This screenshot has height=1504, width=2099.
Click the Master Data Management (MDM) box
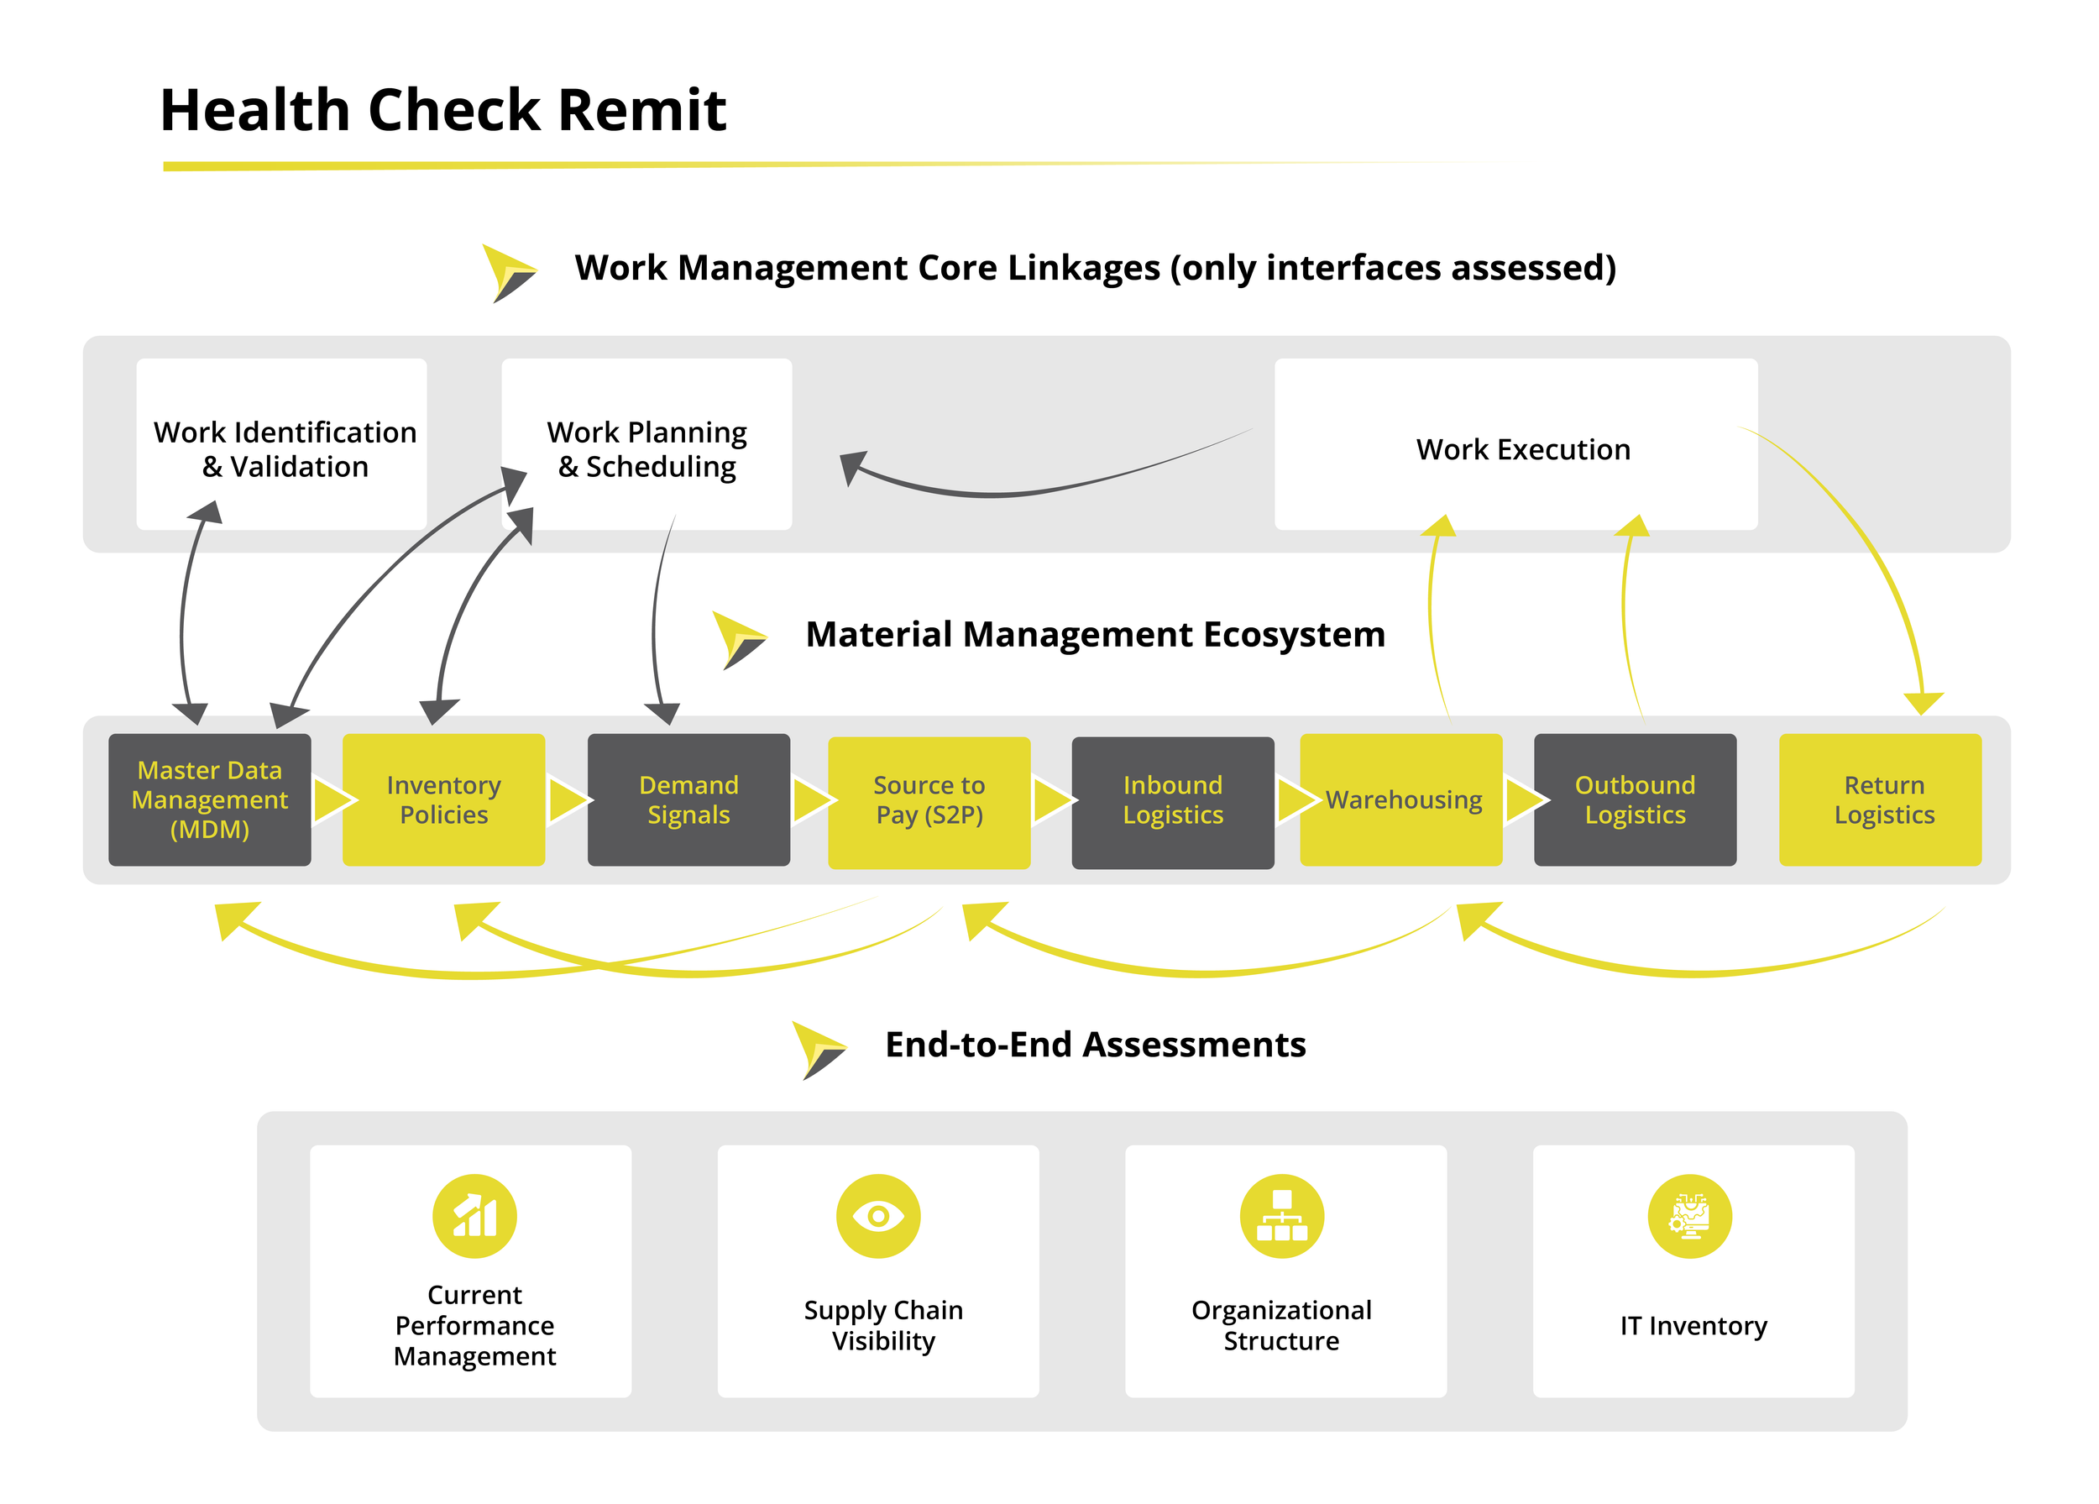tap(209, 799)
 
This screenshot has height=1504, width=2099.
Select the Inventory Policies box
tap(443, 799)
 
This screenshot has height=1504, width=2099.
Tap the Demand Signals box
tap(688, 799)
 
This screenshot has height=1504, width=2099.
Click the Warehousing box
tap(1401, 799)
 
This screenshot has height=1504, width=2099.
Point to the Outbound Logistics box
tap(1636, 799)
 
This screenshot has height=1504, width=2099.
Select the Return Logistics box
tap(1881, 799)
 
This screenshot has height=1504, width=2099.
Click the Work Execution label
tap(1523, 449)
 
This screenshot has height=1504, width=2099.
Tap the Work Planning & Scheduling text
tap(647, 450)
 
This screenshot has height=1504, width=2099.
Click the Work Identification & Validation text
tap(285, 450)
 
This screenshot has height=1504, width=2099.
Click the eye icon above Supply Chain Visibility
tap(878, 1216)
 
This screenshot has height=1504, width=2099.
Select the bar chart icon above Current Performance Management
tap(474, 1216)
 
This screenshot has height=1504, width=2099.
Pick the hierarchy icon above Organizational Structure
tap(1282, 1216)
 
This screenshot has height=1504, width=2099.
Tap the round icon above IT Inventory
tap(1690, 1216)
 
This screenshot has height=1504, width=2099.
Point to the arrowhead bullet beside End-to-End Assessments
tap(819, 1051)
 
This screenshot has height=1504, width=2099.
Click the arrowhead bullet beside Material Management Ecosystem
tap(740, 641)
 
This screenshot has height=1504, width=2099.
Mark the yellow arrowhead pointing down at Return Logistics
tap(1924, 703)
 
